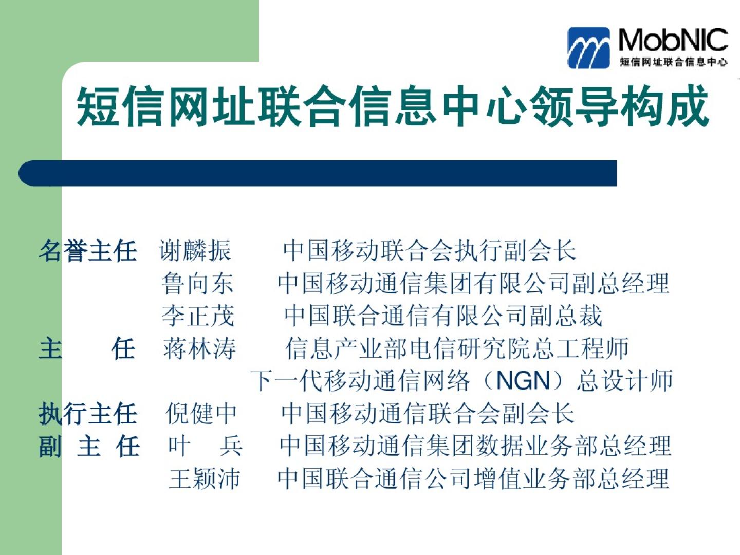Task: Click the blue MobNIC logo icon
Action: tap(588, 48)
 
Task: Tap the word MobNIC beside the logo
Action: tap(673, 40)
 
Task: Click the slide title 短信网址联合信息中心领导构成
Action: tap(393, 106)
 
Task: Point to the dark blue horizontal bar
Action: tap(318, 173)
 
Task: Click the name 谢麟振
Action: tap(195, 250)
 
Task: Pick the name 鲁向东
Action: tap(197, 283)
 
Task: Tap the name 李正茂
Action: tap(198, 316)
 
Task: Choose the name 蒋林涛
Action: tap(199, 348)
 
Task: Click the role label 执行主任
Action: tap(88, 414)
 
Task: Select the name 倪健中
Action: tap(201, 414)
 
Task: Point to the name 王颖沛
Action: tap(205, 478)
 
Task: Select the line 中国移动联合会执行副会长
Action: tap(429, 250)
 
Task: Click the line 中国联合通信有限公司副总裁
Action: tap(443, 316)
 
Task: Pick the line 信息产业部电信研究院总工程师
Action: tap(457, 348)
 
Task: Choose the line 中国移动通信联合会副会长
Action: tap(428, 414)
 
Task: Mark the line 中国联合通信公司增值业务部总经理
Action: tap(473, 478)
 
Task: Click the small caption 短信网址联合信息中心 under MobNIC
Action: tap(673, 62)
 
